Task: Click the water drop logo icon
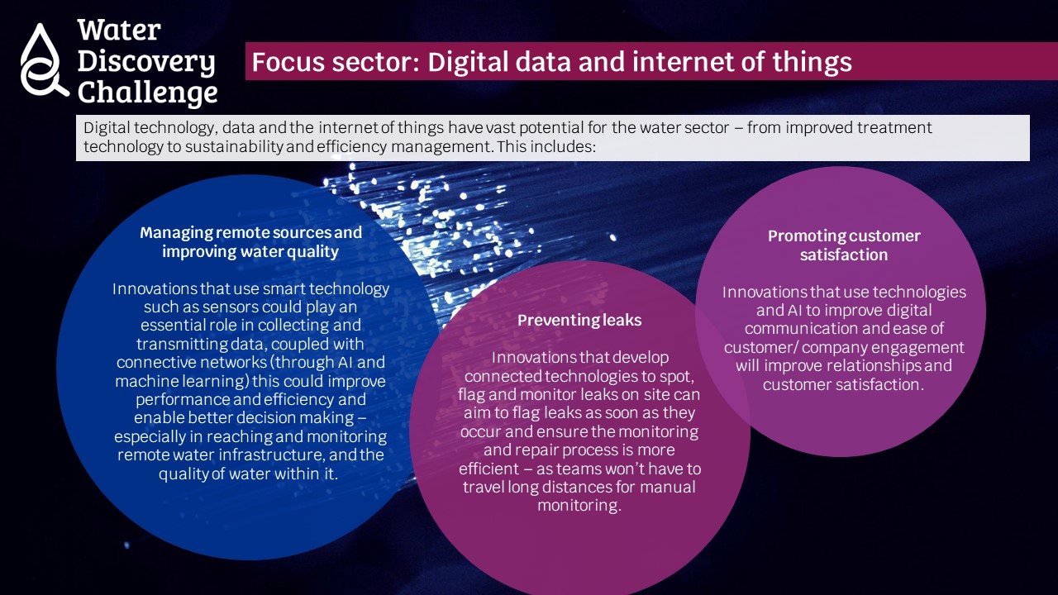pyautogui.click(x=41, y=61)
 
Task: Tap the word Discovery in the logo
pyautogui.click(x=146, y=62)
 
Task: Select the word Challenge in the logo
pyautogui.click(x=147, y=93)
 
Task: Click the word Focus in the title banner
pyautogui.click(x=288, y=62)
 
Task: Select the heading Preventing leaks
pyautogui.click(x=579, y=320)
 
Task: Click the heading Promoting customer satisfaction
pyautogui.click(x=844, y=245)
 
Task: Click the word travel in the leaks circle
pyautogui.click(x=484, y=487)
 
